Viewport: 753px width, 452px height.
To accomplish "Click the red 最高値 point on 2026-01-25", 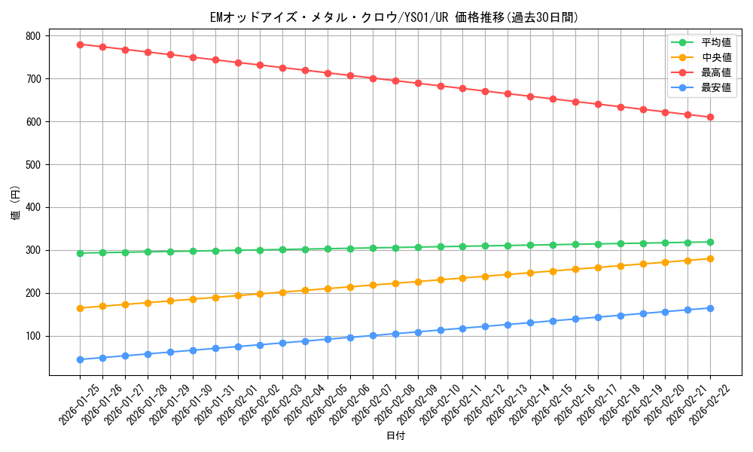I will pos(80,44).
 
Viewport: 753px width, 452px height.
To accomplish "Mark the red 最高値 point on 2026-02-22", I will pos(710,117).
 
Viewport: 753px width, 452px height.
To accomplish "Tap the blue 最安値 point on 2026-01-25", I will pos(80,359).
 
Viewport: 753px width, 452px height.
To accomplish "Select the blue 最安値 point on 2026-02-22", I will pos(710,308).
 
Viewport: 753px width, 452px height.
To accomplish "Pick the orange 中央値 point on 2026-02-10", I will pos(441,279).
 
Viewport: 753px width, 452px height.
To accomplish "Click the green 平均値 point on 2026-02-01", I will pos(238,250).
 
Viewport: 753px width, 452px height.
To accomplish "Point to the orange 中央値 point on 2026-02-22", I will pos(710,258).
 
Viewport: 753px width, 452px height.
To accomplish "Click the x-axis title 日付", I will pos(395,436).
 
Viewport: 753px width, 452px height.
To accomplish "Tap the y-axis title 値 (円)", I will pos(16,204).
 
